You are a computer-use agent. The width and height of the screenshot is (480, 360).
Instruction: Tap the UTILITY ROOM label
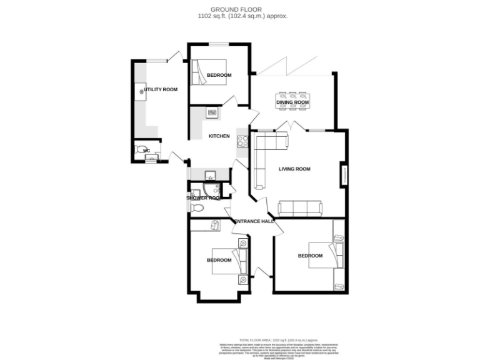click(x=161, y=89)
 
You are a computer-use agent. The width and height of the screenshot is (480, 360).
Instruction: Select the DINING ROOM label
click(x=293, y=102)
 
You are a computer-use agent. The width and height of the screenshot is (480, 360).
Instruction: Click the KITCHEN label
click(x=219, y=136)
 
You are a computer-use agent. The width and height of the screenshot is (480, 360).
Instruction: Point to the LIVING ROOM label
click(x=294, y=169)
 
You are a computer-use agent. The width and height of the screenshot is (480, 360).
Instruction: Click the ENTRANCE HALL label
click(x=254, y=221)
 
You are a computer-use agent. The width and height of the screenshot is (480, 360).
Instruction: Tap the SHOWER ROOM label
click(x=204, y=197)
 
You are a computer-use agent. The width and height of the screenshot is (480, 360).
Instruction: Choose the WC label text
click(x=146, y=151)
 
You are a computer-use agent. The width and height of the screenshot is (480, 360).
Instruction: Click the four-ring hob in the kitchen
click(x=241, y=141)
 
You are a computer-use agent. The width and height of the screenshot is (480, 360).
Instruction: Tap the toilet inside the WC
click(x=139, y=150)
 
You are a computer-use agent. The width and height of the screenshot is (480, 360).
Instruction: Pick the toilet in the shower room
click(x=197, y=207)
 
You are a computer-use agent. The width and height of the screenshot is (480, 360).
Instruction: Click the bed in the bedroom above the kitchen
click(x=203, y=72)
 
